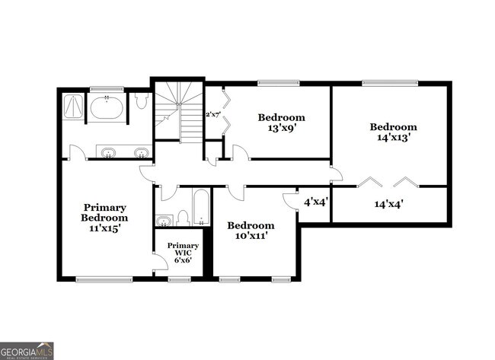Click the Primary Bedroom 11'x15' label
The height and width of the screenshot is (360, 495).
[x=105, y=217]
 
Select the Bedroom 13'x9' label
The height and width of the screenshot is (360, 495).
[x=281, y=123]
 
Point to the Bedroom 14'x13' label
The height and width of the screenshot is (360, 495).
[x=394, y=132]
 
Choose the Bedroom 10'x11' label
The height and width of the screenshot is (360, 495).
[x=251, y=231]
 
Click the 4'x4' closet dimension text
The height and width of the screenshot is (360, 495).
[x=315, y=203]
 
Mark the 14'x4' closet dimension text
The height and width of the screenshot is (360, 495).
[x=388, y=204]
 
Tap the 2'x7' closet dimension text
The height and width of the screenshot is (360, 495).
[x=213, y=115]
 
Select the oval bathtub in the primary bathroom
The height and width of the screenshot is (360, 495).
[x=106, y=107]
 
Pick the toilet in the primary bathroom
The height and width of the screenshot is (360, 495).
[x=142, y=101]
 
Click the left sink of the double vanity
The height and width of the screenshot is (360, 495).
[x=109, y=153]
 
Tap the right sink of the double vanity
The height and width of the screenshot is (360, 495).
[x=141, y=153]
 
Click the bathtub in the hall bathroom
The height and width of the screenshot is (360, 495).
[x=201, y=207]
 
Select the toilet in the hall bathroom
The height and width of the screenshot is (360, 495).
[x=183, y=218]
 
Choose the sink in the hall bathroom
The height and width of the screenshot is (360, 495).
[x=165, y=221]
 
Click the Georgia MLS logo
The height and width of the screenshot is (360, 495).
[x=27, y=350]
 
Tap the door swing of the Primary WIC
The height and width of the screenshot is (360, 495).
[x=160, y=263]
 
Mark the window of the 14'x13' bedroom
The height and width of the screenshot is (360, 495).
[x=390, y=82]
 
